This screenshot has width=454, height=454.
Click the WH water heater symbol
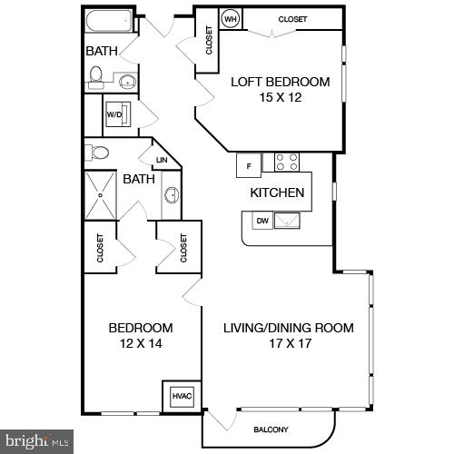point(231,19)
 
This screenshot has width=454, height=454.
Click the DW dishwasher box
point(262,221)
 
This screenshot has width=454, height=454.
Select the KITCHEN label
point(277,192)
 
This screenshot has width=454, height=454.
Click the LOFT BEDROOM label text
point(280,82)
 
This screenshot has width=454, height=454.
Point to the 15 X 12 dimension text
point(280,98)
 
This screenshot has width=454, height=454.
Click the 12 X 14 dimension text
point(140,344)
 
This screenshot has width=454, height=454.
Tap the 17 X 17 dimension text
point(288,344)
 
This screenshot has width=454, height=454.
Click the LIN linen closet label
point(162,161)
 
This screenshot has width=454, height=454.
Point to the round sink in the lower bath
point(171,194)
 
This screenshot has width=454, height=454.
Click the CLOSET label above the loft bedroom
point(292,18)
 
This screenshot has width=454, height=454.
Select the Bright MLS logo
point(36,442)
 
